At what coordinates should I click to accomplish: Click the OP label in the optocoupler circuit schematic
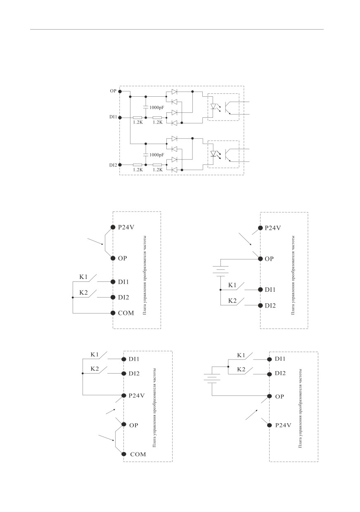click(x=113, y=91)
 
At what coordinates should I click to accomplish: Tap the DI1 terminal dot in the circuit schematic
click(x=120, y=118)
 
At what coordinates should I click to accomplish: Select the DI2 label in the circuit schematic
click(x=113, y=165)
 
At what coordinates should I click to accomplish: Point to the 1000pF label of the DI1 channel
click(x=157, y=107)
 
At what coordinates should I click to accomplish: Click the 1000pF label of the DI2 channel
click(x=157, y=155)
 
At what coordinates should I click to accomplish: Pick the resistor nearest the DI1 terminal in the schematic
click(x=137, y=118)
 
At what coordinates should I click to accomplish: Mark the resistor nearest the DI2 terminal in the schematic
click(x=137, y=165)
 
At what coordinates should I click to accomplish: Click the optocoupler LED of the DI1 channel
click(x=213, y=106)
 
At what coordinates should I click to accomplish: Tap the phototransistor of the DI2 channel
click(x=228, y=155)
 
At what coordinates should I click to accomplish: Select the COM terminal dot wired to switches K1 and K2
click(x=113, y=313)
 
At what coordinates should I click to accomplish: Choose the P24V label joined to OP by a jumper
click(x=126, y=227)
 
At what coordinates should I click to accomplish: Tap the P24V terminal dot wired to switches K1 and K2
click(x=124, y=395)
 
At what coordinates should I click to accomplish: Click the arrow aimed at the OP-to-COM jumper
click(x=107, y=438)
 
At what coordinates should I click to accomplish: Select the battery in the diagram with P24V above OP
click(x=220, y=271)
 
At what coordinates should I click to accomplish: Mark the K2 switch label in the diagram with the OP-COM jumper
click(x=95, y=369)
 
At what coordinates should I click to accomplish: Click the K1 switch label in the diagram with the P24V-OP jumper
click(x=83, y=277)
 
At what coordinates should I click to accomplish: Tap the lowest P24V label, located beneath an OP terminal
click(x=283, y=425)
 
